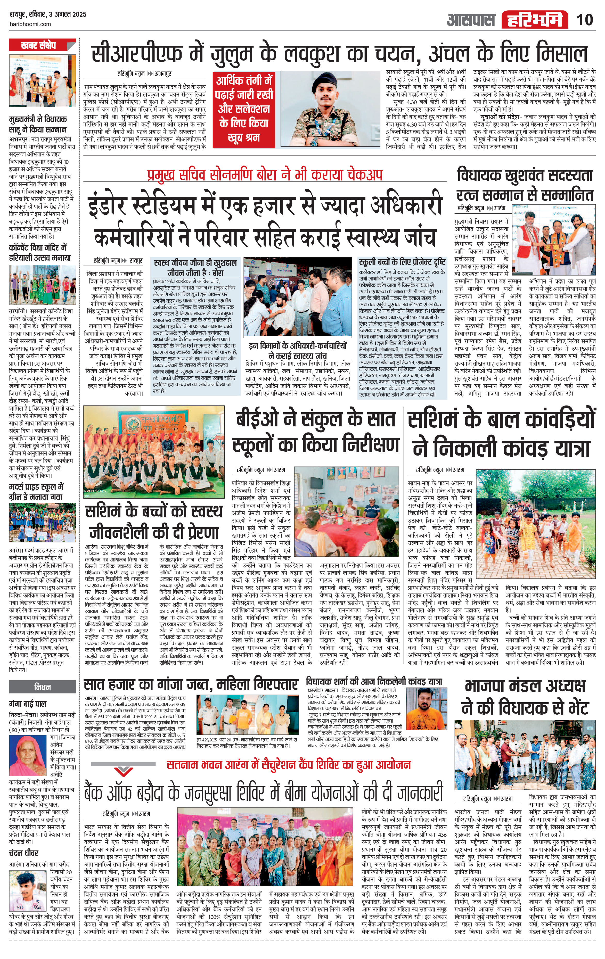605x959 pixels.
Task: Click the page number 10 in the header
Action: [x=584, y=20]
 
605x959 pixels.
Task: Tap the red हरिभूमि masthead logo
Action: [x=535, y=20]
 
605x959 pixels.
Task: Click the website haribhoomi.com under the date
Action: [x=30, y=24]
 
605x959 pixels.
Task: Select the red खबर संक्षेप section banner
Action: [x=42, y=45]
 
